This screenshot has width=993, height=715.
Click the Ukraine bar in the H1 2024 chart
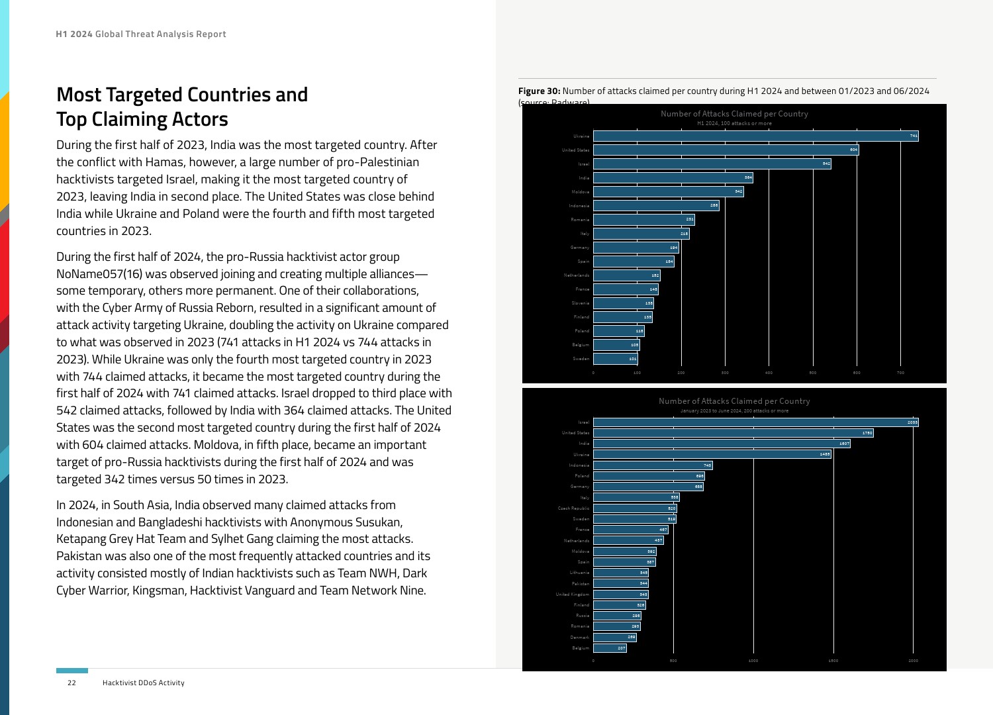click(755, 136)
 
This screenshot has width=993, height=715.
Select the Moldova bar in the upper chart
click(668, 191)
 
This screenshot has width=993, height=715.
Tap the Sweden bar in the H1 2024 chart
click(615, 359)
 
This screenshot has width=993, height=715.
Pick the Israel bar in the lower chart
click(755, 422)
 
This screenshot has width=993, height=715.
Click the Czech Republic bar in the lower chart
click(634, 508)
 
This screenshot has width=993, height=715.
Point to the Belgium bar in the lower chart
click(610, 648)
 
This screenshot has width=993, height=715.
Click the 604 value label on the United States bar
click(853, 150)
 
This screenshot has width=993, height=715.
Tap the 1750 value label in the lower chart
click(867, 433)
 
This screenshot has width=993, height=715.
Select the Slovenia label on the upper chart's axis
click(580, 303)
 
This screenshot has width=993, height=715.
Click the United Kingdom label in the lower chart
click(573, 595)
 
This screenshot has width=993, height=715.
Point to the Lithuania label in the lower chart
click(579, 573)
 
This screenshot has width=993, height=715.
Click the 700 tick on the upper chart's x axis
click(900, 373)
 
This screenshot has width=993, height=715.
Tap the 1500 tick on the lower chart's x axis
click(833, 661)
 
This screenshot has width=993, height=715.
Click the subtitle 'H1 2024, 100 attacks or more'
click(734, 123)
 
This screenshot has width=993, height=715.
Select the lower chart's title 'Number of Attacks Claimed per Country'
click(734, 401)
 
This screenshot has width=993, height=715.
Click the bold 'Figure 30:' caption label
click(539, 91)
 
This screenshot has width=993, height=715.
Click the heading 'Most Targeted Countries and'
click(182, 95)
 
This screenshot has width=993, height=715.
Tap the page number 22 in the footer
click(71, 683)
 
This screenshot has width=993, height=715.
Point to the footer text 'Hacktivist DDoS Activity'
click(143, 683)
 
